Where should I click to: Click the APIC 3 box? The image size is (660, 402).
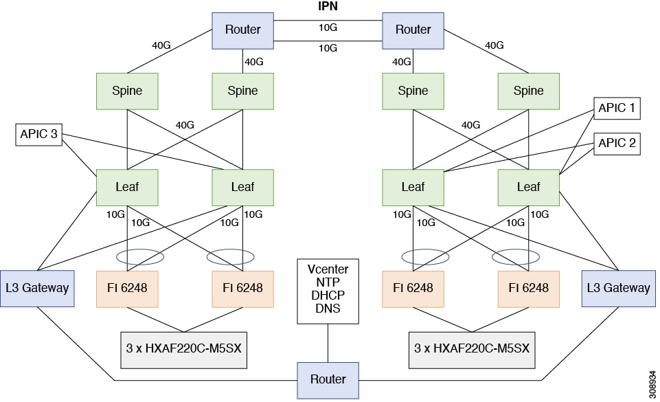pos(38,135)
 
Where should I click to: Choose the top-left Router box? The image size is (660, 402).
pos(242,30)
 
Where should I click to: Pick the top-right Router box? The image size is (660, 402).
pos(413,30)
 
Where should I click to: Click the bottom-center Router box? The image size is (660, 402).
pos(328,379)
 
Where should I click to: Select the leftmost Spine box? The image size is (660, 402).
pos(127,91)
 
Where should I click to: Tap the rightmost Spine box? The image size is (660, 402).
pos(528,91)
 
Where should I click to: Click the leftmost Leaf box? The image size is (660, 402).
pos(127,186)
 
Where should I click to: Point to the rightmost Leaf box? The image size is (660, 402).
pos(528,186)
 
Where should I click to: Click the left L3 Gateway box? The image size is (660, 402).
pos(37,287)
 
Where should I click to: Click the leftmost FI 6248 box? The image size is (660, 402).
pos(127,287)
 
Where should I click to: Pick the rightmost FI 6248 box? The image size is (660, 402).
pos(528,287)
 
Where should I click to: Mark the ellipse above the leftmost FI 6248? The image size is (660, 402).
pos(140,257)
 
